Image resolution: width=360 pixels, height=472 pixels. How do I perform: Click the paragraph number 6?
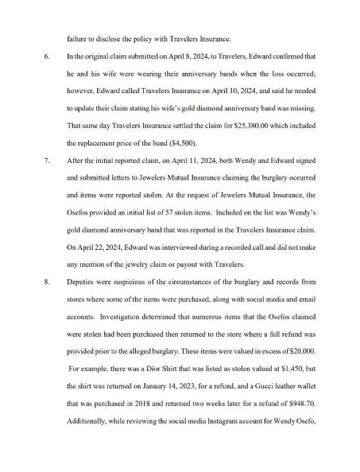click(x=46, y=57)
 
